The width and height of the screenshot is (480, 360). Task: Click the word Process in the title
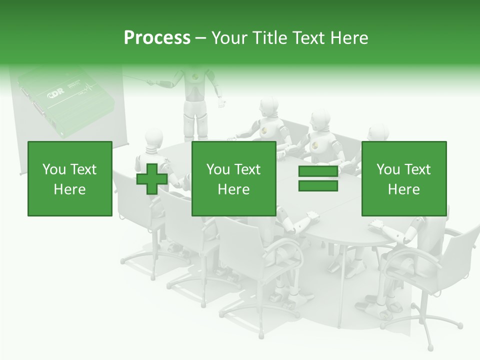157,38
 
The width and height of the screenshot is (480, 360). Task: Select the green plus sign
152,178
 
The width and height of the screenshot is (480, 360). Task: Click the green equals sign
318,178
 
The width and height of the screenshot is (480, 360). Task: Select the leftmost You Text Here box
69,178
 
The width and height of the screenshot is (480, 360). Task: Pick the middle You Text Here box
233,178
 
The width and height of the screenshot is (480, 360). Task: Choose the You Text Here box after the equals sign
403,178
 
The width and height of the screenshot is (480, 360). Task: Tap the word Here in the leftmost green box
69,189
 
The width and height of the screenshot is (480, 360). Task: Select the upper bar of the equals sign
318,171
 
